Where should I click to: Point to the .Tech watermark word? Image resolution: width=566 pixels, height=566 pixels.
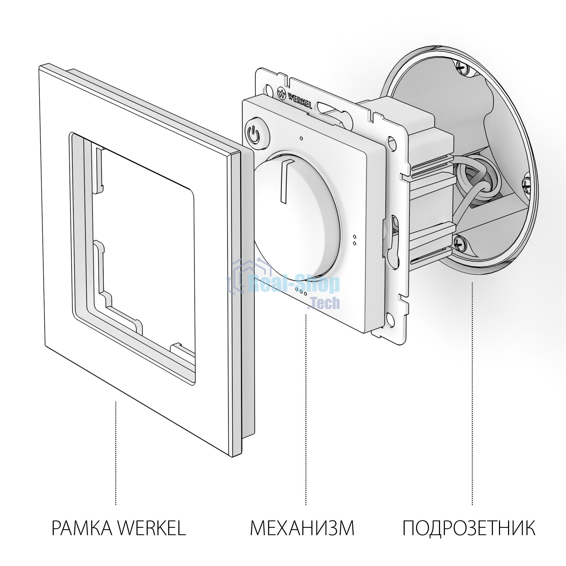(324, 303)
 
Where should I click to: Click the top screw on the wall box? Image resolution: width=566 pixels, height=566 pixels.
(462, 67)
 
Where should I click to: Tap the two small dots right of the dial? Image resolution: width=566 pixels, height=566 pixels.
(355, 240)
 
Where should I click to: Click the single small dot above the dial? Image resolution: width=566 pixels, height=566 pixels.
(301, 138)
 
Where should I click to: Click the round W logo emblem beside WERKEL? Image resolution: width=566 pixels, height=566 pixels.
(281, 94)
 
